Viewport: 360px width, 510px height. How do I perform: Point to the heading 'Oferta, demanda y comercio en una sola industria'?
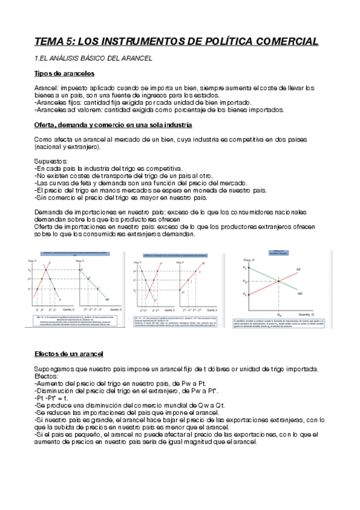pos(113,124)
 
